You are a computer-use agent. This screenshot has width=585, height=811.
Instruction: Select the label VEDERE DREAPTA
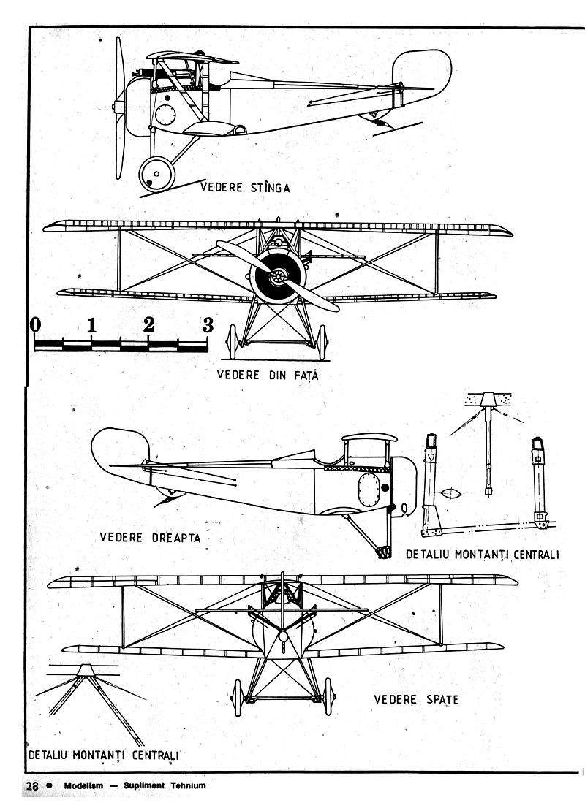[149, 537]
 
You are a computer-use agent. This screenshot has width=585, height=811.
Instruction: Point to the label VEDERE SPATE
[416, 699]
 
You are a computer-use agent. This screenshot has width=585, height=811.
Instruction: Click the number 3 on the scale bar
[208, 324]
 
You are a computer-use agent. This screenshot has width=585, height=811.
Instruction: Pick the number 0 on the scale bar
[35, 324]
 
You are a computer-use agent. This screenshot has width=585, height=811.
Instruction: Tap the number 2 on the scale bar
[150, 324]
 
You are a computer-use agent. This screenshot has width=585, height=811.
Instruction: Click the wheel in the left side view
[157, 174]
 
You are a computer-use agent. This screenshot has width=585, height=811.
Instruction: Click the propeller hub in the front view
[278, 277]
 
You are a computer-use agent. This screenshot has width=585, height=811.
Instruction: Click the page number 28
[32, 786]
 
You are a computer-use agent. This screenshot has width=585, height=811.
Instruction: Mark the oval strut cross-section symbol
[451, 493]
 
